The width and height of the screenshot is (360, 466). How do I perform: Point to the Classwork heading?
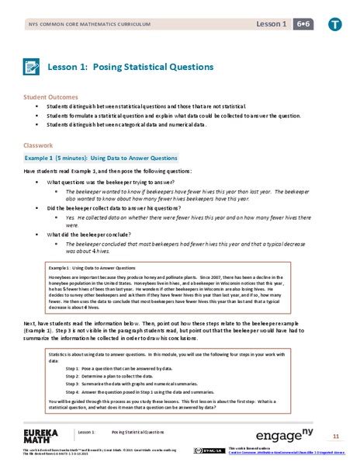(37, 144)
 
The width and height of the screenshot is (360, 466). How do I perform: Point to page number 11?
(336, 435)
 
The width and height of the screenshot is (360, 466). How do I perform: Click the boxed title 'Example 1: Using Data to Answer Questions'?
(89, 268)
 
